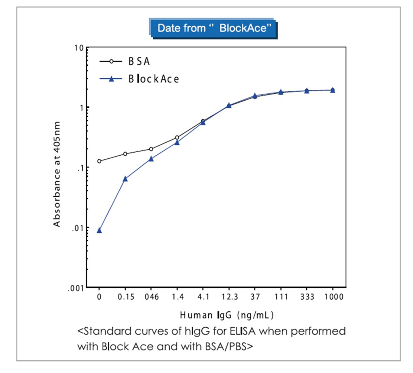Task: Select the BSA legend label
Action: (x=139, y=61)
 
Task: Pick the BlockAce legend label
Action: (x=154, y=79)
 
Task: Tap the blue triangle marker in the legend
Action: (x=111, y=79)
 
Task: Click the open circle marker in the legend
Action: (x=111, y=61)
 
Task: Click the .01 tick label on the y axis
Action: (x=77, y=228)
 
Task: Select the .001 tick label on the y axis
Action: (x=76, y=288)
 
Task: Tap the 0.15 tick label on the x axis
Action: (x=126, y=297)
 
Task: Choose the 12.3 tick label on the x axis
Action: (x=229, y=297)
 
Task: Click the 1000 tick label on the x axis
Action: (x=334, y=297)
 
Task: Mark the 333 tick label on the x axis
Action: (x=307, y=297)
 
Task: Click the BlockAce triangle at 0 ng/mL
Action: (x=99, y=231)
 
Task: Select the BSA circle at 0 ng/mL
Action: (x=99, y=161)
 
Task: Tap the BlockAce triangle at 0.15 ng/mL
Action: (x=125, y=179)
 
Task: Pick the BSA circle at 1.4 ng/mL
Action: (x=177, y=138)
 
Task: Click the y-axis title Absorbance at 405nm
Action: (x=57, y=174)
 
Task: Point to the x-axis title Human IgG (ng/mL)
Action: (x=227, y=315)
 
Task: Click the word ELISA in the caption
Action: (x=242, y=331)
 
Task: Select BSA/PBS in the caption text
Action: (x=229, y=346)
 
